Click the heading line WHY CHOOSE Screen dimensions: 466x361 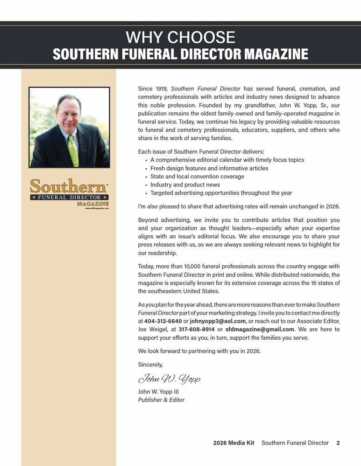tap(180, 37)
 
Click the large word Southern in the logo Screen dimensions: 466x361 tap(68, 187)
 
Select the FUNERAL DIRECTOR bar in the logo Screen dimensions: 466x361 tap(69, 197)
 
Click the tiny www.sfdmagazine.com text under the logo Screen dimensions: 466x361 tap(97, 208)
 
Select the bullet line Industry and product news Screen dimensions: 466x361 tap(185, 185)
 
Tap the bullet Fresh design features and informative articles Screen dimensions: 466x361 tap(209, 168)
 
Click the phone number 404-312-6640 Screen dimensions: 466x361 tap(163, 321)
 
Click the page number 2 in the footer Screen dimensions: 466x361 tap(338, 443)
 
